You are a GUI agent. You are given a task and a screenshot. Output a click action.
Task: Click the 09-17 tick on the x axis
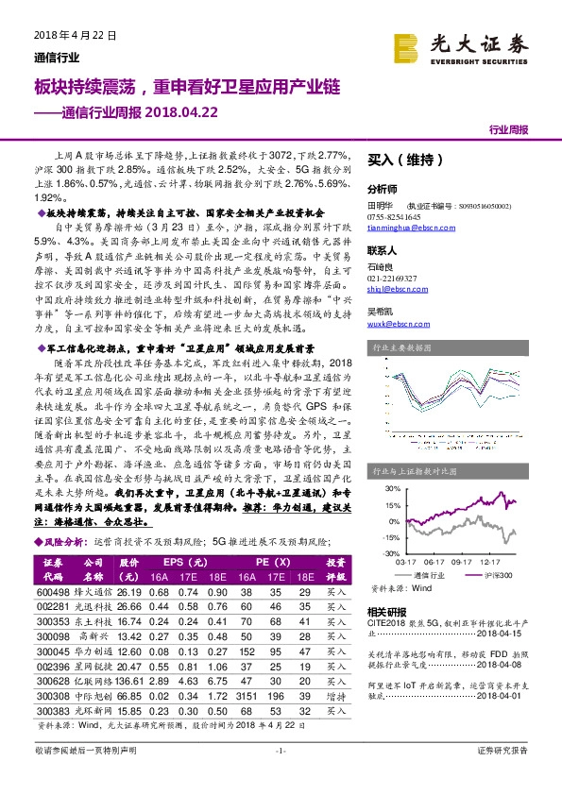[462, 560]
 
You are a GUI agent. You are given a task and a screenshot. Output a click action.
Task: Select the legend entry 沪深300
[496, 574]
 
